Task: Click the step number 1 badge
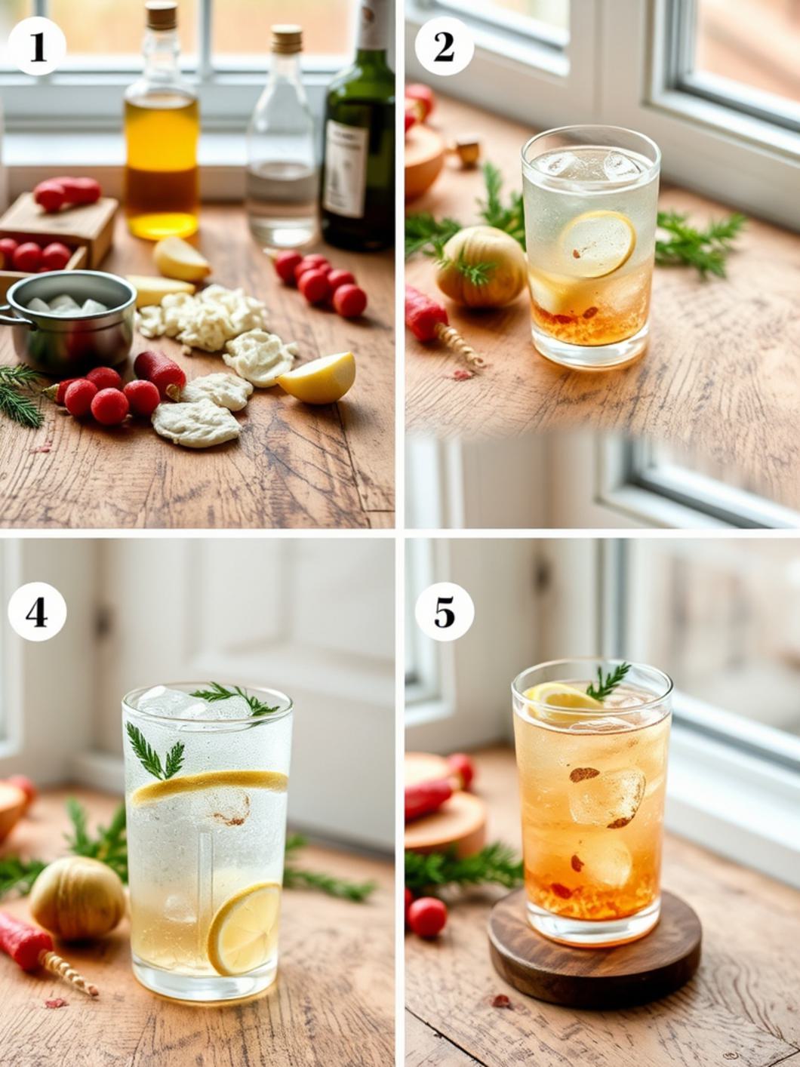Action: pyautogui.click(x=37, y=47)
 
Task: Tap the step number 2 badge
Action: pyautogui.click(x=444, y=47)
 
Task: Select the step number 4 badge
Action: pyautogui.click(x=37, y=612)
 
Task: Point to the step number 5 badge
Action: pyautogui.click(x=444, y=612)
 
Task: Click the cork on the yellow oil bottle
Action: pyautogui.click(x=162, y=15)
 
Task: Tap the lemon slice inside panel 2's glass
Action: pyautogui.click(x=597, y=244)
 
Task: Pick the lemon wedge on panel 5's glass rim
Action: pyautogui.click(x=559, y=699)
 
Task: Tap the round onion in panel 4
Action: pyautogui.click(x=77, y=897)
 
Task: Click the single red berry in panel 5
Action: pyautogui.click(x=428, y=917)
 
